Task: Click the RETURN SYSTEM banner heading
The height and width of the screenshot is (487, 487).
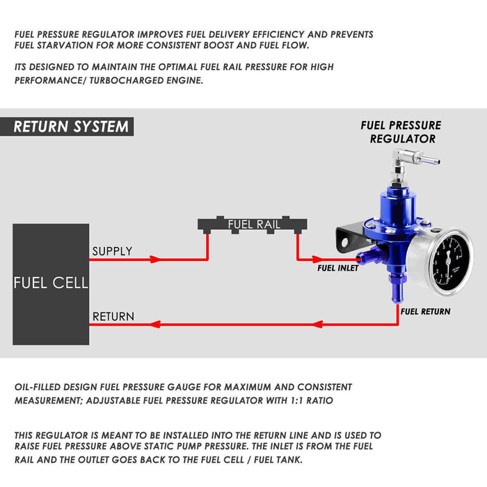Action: (71, 127)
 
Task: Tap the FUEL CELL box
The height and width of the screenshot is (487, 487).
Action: (51, 284)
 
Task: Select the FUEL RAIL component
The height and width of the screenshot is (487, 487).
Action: (253, 225)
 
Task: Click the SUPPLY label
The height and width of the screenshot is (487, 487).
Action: (112, 251)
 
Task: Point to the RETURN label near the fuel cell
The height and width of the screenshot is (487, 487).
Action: (113, 317)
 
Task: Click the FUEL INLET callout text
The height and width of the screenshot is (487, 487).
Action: (337, 268)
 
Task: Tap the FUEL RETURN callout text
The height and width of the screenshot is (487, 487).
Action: (425, 312)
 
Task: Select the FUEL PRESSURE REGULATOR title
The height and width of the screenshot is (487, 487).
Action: (401, 132)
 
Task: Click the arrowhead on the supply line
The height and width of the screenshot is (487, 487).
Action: (155, 259)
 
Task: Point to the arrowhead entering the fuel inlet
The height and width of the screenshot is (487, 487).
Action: (317, 259)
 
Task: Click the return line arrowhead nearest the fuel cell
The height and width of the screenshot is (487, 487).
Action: (155, 325)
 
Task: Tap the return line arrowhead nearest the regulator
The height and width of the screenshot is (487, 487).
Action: (317, 325)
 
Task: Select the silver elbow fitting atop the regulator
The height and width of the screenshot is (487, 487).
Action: (409, 162)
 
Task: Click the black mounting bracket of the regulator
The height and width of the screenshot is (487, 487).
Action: (350, 239)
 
